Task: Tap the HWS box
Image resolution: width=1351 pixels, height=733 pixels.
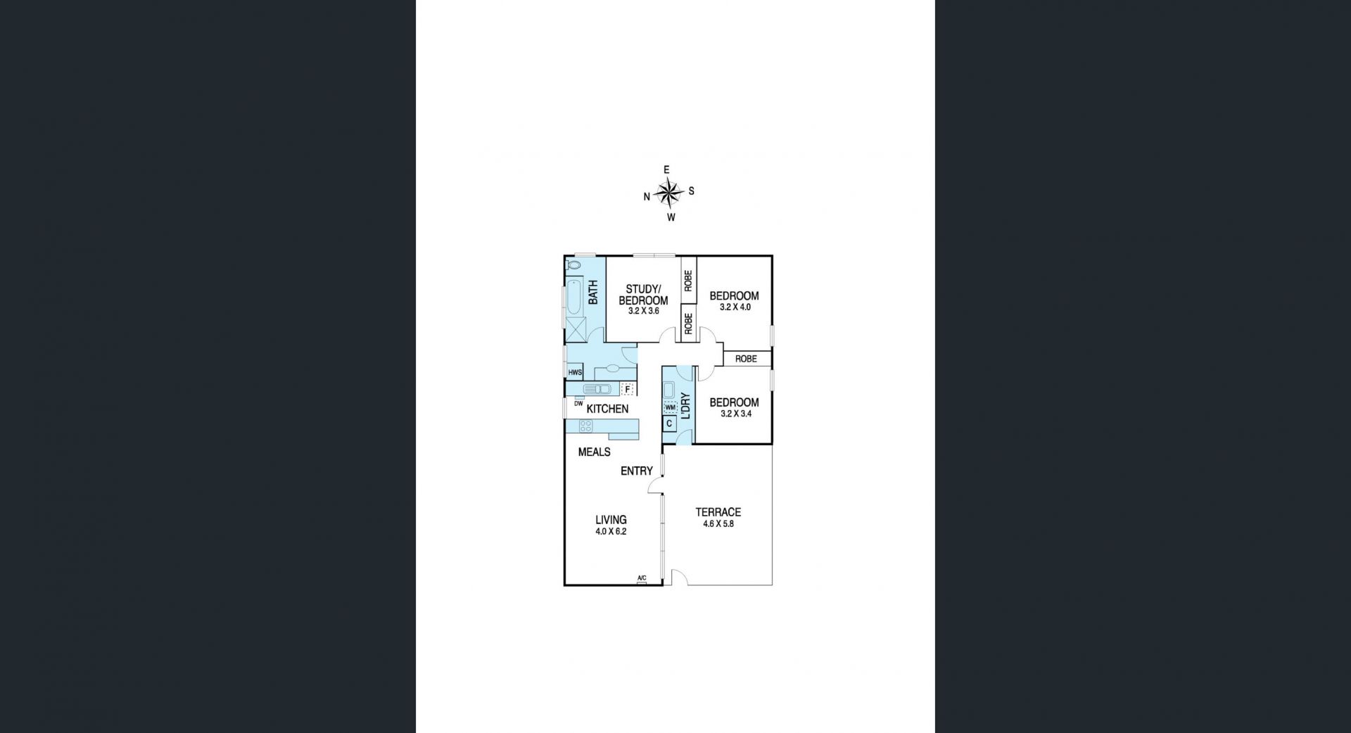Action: [575, 372]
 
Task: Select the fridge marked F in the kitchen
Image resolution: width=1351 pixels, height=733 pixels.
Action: [627, 389]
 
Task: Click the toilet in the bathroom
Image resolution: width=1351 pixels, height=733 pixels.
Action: [573, 266]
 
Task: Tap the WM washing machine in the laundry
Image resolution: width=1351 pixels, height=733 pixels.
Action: [670, 407]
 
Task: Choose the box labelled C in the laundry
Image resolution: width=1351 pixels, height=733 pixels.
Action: [669, 423]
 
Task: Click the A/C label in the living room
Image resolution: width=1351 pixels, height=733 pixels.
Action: [642, 579]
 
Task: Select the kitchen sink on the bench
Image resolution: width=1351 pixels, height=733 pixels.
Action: [598, 389]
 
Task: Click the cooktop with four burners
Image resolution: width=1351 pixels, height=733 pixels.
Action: [585, 426]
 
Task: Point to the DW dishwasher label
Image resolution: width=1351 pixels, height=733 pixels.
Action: [578, 404]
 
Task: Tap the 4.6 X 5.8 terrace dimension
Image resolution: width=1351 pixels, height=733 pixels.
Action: [718, 523]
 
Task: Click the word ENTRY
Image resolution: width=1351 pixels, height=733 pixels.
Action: [637, 471]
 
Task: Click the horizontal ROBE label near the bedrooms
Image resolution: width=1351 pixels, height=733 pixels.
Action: [746, 359]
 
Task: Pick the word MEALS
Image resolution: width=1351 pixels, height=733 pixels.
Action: [594, 452]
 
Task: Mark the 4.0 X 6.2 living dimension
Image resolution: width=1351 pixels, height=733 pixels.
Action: [611, 532]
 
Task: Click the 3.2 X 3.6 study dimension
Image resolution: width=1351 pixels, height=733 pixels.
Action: [643, 311]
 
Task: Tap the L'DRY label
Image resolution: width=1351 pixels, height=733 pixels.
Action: [685, 407]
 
